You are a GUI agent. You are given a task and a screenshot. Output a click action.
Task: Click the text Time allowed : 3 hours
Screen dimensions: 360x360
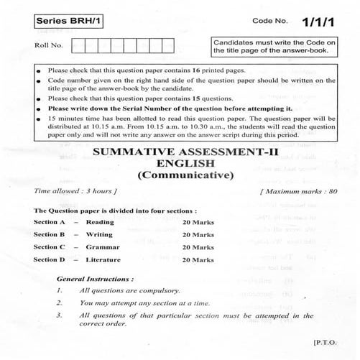coord(75,192)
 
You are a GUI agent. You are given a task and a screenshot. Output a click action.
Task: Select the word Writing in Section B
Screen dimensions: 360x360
coord(98,234)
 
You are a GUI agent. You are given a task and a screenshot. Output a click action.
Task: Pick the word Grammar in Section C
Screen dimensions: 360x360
coord(100,246)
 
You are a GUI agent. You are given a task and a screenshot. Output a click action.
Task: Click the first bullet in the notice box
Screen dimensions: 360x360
coord(37,70)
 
